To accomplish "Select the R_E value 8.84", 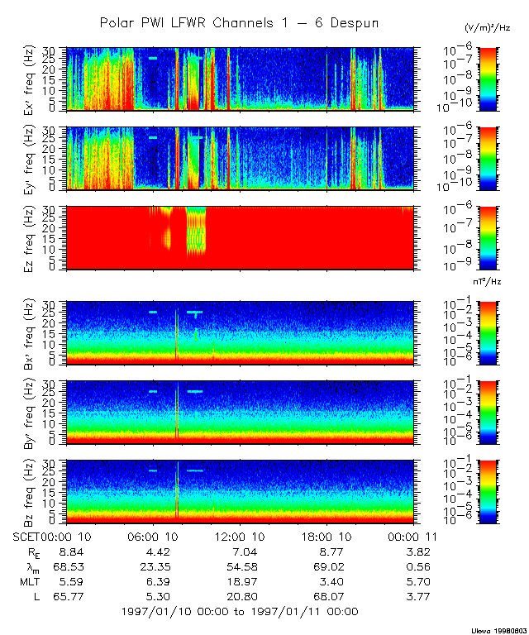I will tap(69, 551).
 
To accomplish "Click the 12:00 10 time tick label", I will tap(240, 536).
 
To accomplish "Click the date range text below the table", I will tap(240, 611).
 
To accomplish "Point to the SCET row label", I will tap(28, 536).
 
